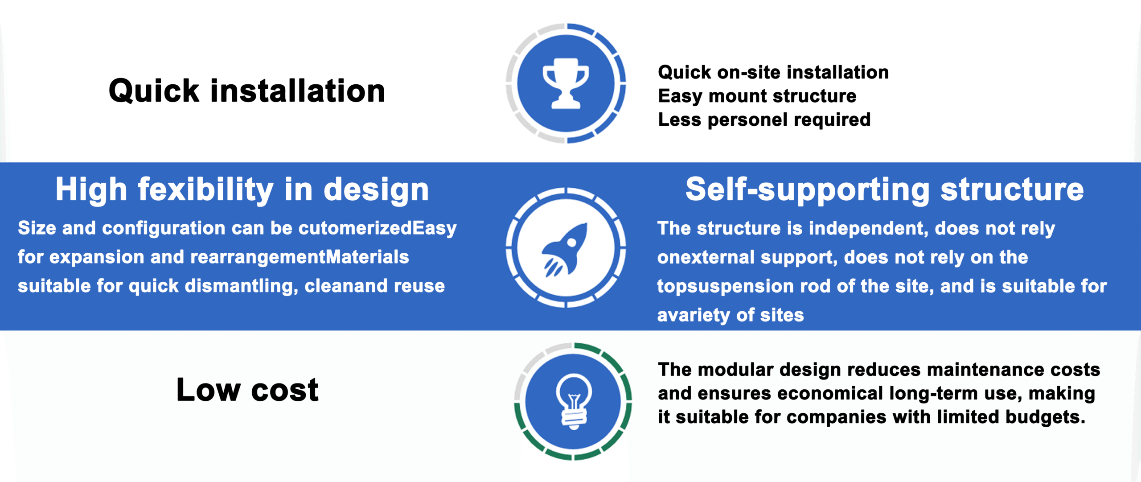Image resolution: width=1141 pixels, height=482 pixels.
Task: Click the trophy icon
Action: [566, 83]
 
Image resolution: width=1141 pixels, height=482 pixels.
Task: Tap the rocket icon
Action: [564, 250]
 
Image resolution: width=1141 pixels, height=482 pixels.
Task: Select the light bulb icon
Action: [574, 401]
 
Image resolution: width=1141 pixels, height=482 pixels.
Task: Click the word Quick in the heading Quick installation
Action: [154, 91]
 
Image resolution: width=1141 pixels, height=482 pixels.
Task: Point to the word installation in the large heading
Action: [298, 91]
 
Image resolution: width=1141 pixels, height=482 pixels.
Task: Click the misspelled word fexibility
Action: [205, 190]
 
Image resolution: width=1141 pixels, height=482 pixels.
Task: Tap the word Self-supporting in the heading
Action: [807, 190]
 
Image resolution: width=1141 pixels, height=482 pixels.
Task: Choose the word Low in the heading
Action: [209, 390]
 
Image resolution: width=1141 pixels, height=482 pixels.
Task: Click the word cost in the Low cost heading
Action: [285, 390]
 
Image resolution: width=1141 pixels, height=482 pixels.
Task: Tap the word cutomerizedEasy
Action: [378, 229]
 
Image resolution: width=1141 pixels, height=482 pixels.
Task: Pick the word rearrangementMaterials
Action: [300, 257]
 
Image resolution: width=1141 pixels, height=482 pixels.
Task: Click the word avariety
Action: [694, 315]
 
